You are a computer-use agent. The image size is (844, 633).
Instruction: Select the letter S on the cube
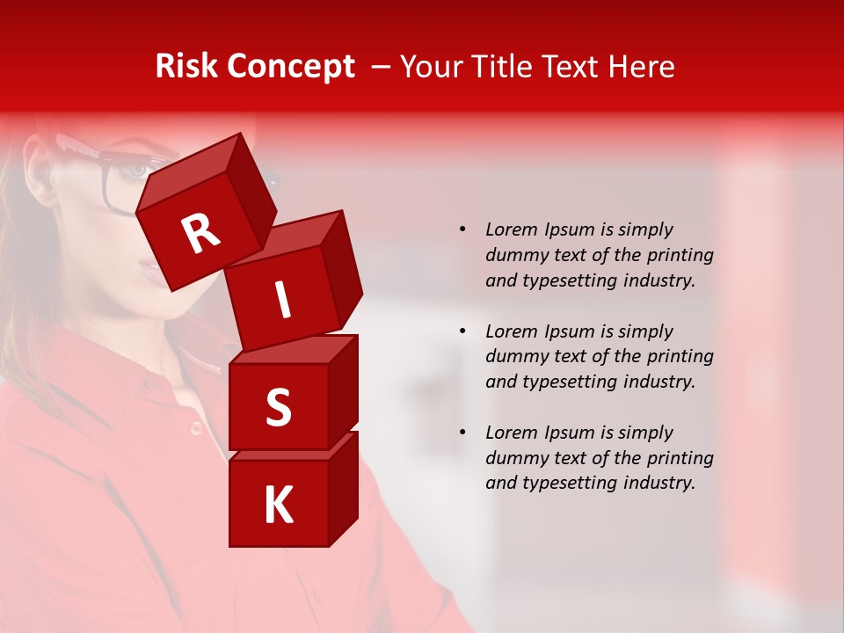[x=278, y=408]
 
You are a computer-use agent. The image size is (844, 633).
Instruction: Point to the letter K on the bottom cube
[x=278, y=506]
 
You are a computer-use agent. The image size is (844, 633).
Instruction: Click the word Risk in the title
[x=186, y=67]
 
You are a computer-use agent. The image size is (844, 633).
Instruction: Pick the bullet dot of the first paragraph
[x=462, y=230]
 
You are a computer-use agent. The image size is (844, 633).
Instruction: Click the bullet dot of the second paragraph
[x=462, y=331]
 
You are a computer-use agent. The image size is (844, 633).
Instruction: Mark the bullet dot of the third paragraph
[x=462, y=433]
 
